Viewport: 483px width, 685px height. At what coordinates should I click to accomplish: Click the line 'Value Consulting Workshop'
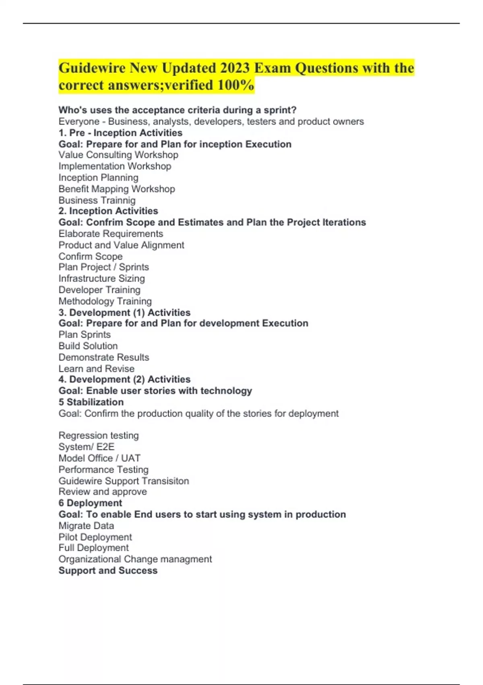coord(118,155)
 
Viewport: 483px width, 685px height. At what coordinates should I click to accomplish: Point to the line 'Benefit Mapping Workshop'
coord(117,189)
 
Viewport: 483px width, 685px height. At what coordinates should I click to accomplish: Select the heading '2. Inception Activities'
coord(108,211)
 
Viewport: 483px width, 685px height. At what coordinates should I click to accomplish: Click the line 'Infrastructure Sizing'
coord(101,278)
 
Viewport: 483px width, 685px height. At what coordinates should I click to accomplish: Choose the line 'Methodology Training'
coord(105,301)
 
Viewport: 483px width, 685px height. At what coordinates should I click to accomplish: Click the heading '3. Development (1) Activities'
coord(124,313)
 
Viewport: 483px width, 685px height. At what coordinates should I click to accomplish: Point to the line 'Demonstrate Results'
coord(104,357)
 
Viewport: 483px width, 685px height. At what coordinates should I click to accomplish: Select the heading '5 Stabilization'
coord(91,402)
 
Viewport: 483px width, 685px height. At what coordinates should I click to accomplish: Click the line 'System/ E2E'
coord(87,447)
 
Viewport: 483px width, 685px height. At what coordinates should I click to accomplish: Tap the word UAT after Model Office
coord(131,458)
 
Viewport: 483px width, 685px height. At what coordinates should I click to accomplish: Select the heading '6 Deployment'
coord(90,503)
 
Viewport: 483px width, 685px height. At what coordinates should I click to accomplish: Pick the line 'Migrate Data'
coord(86,526)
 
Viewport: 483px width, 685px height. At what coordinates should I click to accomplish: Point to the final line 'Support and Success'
coord(108,571)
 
